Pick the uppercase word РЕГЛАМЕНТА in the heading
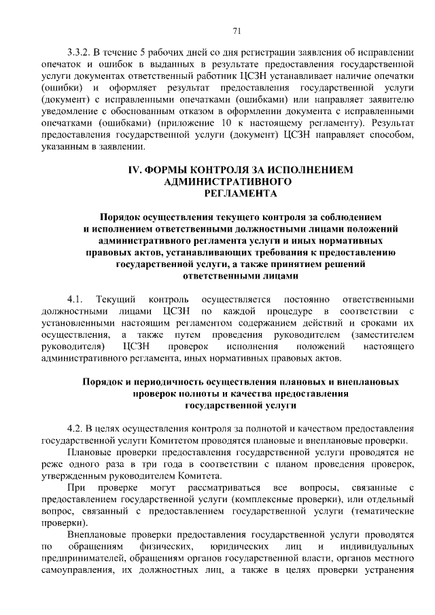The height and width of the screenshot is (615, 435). point(241,194)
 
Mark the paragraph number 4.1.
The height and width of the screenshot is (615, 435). point(75,300)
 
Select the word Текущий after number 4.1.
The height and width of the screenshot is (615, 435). point(116,300)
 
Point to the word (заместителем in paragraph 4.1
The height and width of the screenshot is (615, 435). point(383,336)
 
